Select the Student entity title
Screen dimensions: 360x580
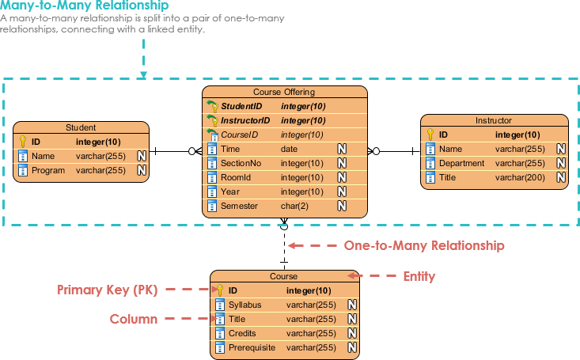point(81,127)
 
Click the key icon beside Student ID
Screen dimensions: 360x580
point(23,142)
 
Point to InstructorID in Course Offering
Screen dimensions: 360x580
point(245,120)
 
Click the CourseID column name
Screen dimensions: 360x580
point(240,135)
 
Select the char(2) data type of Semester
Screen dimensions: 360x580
point(294,206)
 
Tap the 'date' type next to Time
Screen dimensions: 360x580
point(289,149)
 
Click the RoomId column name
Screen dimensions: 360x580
point(236,177)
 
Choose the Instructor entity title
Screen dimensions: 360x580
point(493,120)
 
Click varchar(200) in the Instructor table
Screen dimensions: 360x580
point(520,177)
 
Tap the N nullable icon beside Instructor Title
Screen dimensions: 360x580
point(560,177)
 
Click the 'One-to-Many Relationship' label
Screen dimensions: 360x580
point(423,245)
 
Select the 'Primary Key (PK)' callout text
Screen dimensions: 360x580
point(108,290)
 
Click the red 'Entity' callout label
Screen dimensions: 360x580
point(419,276)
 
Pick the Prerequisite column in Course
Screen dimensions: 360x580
point(252,347)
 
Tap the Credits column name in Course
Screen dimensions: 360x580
point(241,333)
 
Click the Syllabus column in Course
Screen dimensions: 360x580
point(245,305)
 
